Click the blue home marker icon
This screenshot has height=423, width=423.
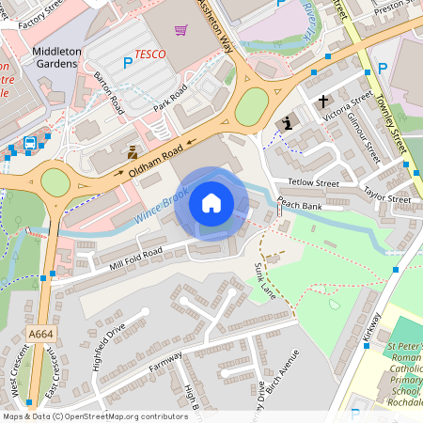click(x=211, y=203)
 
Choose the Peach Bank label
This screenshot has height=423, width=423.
click(x=300, y=204)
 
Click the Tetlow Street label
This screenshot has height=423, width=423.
click(x=313, y=183)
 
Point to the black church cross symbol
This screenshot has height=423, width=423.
click(x=324, y=101)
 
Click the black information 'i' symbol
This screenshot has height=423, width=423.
click(x=289, y=123)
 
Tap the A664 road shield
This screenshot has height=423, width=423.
click(x=40, y=334)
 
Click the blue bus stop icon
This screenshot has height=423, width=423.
click(x=30, y=143)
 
